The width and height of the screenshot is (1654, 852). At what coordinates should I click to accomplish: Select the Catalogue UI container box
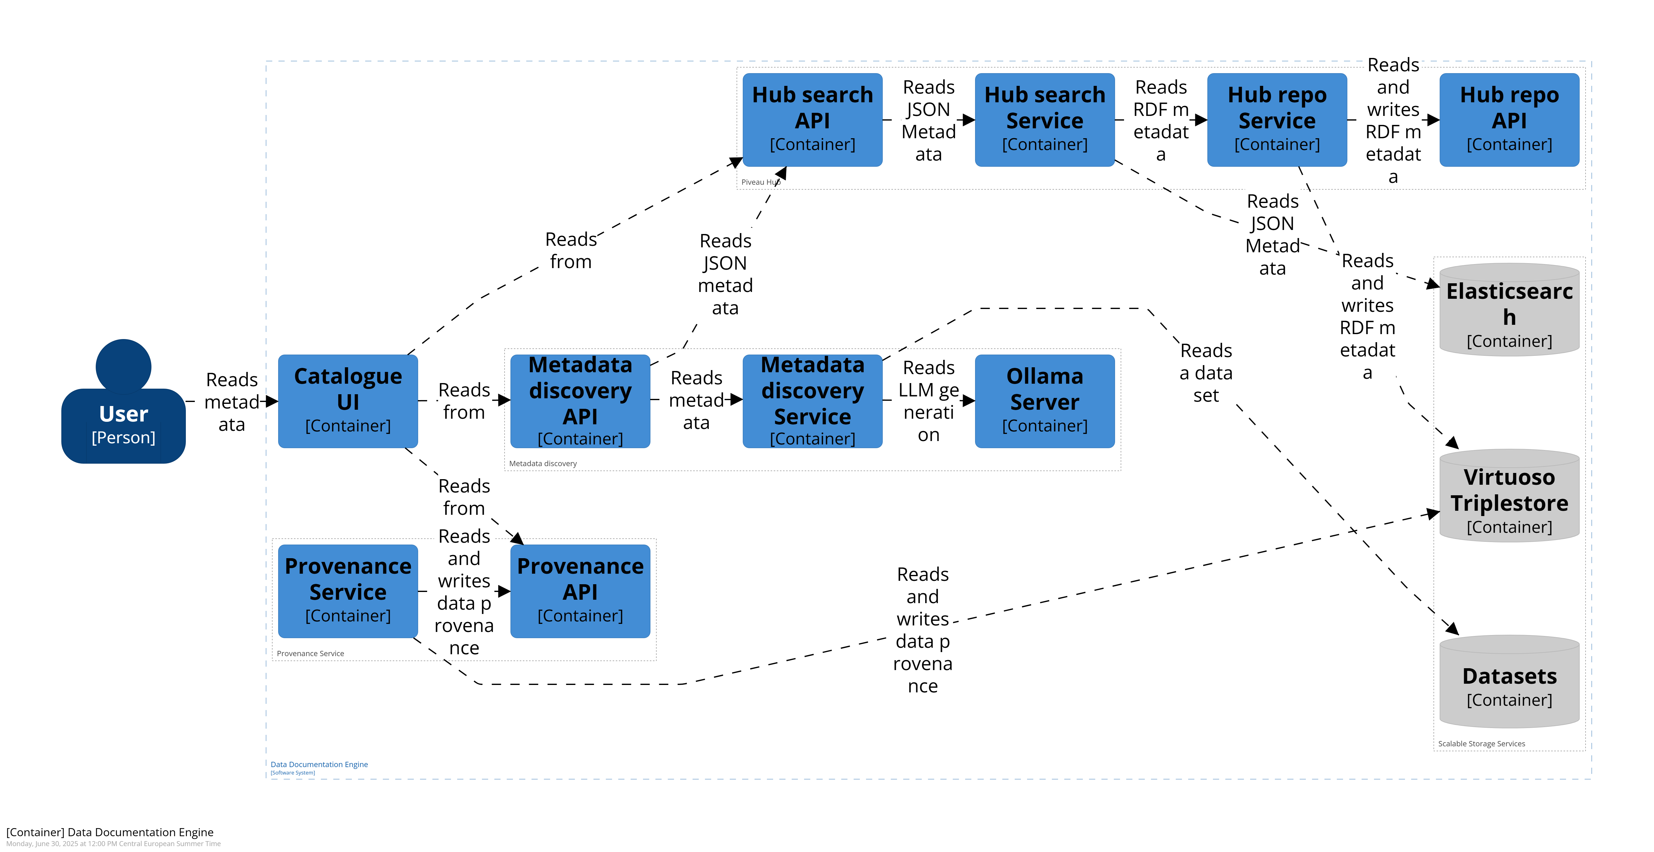[x=348, y=401]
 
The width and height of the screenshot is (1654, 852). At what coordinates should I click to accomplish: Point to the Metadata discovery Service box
[x=812, y=401]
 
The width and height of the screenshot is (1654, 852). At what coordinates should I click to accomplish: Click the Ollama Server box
[x=1045, y=401]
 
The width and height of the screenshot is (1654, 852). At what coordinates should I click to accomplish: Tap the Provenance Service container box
[x=348, y=591]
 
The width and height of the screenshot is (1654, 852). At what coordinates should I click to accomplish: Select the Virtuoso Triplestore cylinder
[x=1510, y=495]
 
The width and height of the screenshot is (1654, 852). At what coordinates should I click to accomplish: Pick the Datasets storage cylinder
[x=1510, y=682]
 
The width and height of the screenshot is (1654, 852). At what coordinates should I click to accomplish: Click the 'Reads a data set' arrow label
[x=1206, y=373]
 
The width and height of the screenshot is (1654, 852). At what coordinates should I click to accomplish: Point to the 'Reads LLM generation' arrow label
[x=929, y=401]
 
